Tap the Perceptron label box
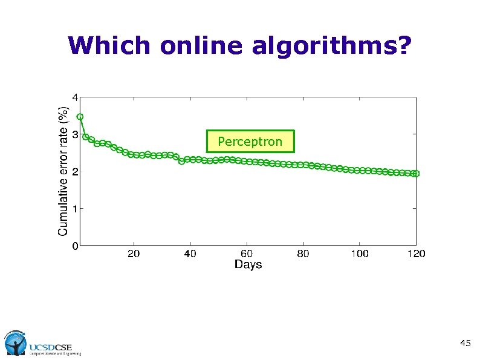coord(250,141)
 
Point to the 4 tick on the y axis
coord(74,97)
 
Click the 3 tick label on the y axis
coord(74,134)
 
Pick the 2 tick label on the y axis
coord(74,171)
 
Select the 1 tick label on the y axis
coord(74,209)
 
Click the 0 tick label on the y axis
coord(74,246)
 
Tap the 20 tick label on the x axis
coord(134,254)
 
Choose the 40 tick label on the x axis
coord(190,254)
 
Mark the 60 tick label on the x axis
coord(247,254)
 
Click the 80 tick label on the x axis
coord(303,254)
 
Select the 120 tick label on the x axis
coord(416,254)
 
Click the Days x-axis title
coord(248,265)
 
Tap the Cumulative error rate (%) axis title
coord(63,171)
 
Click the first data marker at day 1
coord(80,117)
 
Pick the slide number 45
coord(465,344)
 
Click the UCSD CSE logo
coord(42,343)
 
